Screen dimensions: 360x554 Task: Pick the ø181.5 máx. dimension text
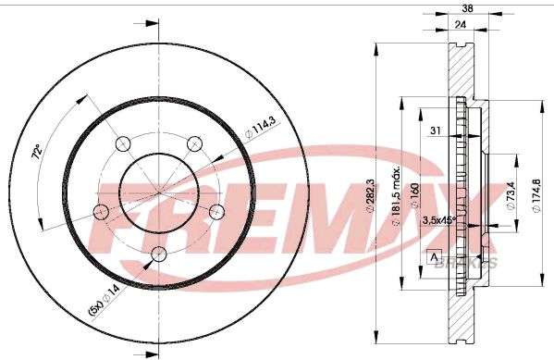[396, 195]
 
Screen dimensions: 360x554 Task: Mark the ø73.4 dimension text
[509, 198]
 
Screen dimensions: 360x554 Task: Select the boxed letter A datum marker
[434, 255]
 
